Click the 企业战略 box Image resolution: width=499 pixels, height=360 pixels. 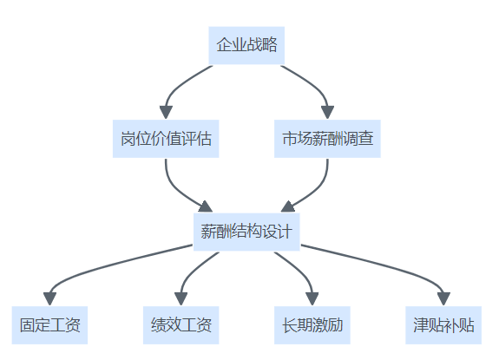pyautogui.click(x=246, y=45)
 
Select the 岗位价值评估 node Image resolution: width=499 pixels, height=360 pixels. pyautogui.click(x=166, y=139)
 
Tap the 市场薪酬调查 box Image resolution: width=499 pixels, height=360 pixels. pyautogui.click(x=327, y=139)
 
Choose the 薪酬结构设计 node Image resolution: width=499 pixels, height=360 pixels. pyautogui.click(x=246, y=232)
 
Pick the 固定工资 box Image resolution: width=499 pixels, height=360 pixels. pyautogui.click(x=49, y=325)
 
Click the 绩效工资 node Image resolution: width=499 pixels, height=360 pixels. pyautogui.click(x=181, y=325)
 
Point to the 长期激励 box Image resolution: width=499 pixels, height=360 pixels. pyautogui.click(x=312, y=325)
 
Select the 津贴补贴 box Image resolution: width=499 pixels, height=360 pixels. pyautogui.click(x=443, y=325)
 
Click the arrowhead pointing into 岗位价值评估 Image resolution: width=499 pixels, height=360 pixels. pyautogui.click(x=166, y=113)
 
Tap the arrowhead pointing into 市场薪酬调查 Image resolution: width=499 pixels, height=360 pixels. pyautogui.click(x=327, y=113)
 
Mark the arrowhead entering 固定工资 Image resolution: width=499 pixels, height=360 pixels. pyautogui.click(x=49, y=299)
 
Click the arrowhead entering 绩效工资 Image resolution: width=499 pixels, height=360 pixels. pyautogui.click(x=181, y=299)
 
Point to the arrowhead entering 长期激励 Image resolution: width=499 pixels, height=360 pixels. pyautogui.click(x=312, y=299)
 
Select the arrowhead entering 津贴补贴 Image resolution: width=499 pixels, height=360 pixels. pyautogui.click(x=443, y=299)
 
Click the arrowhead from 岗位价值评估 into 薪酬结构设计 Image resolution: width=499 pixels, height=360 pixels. pyautogui.click(x=206, y=207)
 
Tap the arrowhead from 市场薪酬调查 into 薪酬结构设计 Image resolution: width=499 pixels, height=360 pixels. pyautogui.click(x=288, y=207)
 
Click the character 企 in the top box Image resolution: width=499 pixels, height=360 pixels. pyautogui.click(x=224, y=45)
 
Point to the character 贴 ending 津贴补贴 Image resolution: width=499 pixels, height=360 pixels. pyautogui.click(x=467, y=325)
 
